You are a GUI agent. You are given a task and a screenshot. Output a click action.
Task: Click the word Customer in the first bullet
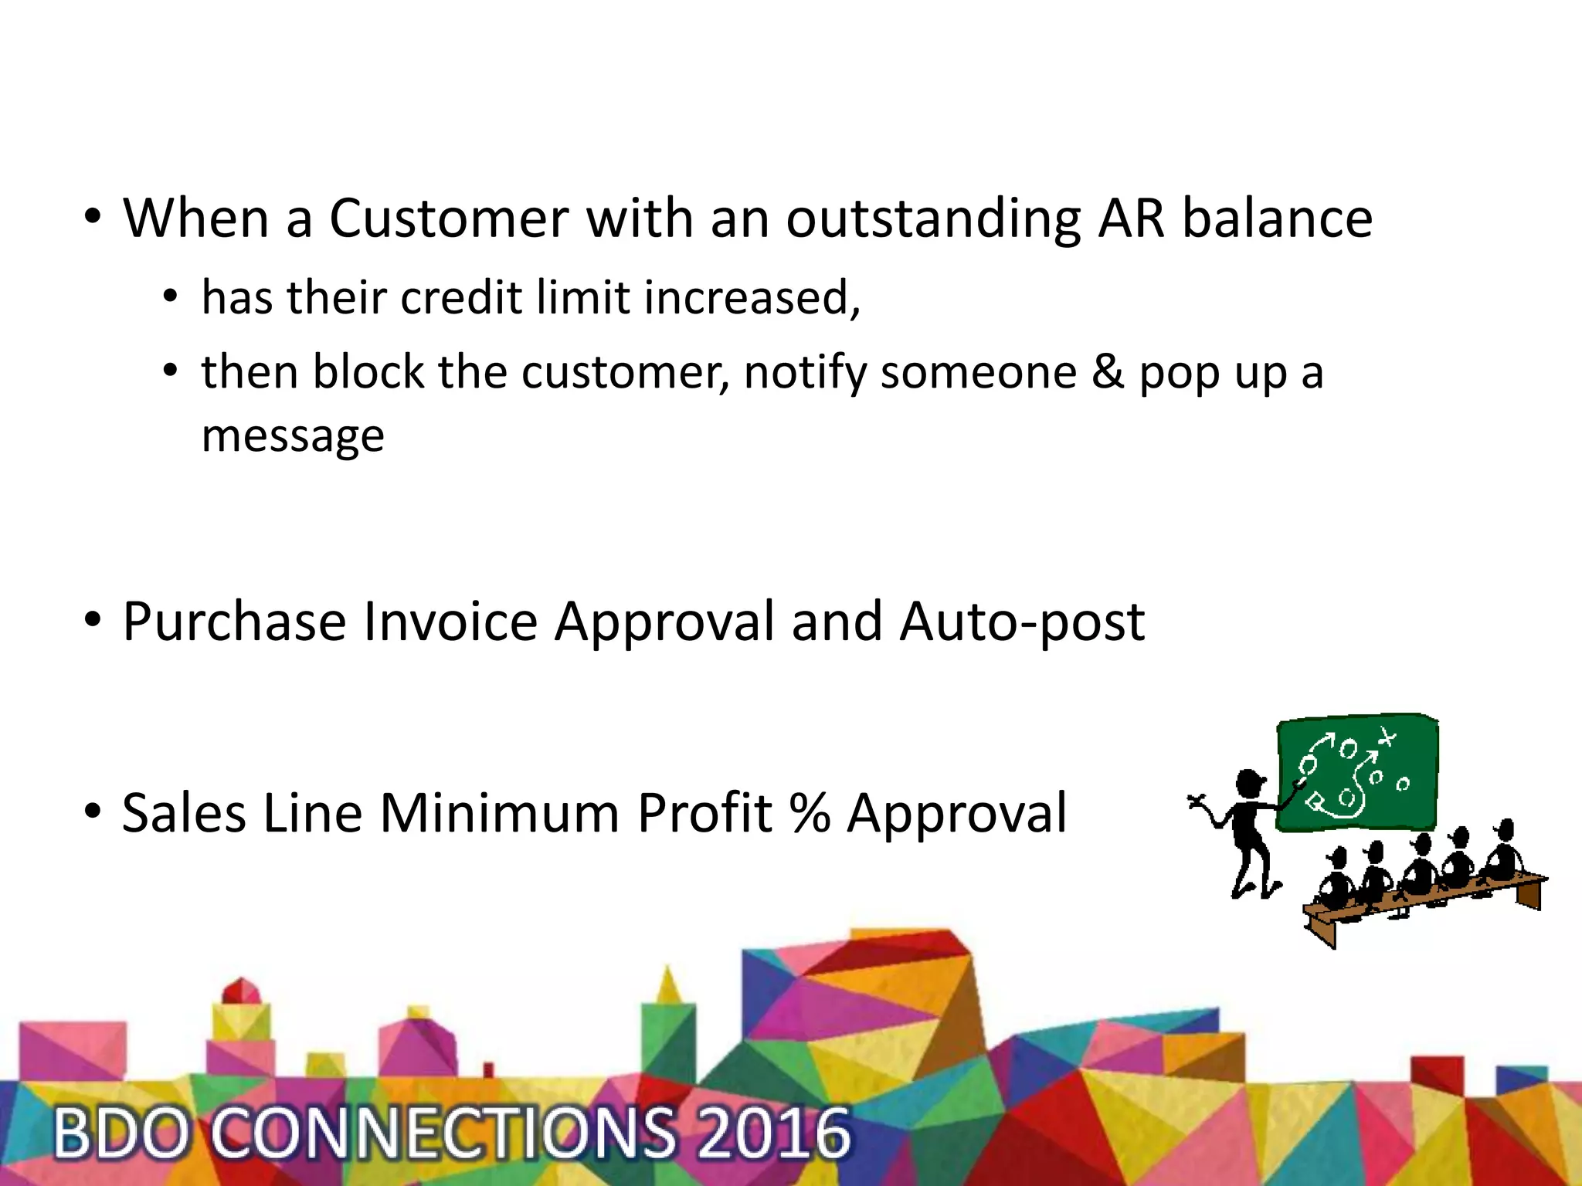click(x=449, y=219)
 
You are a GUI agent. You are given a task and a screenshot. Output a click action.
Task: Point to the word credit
click(x=461, y=297)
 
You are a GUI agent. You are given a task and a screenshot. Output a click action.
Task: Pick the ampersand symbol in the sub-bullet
click(x=1108, y=373)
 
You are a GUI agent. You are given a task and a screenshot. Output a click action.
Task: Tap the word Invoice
click(x=450, y=622)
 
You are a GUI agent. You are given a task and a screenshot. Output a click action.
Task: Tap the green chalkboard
click(x=1357, y=772)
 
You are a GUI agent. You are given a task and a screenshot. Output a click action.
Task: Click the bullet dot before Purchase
click(x=93, y=619)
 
